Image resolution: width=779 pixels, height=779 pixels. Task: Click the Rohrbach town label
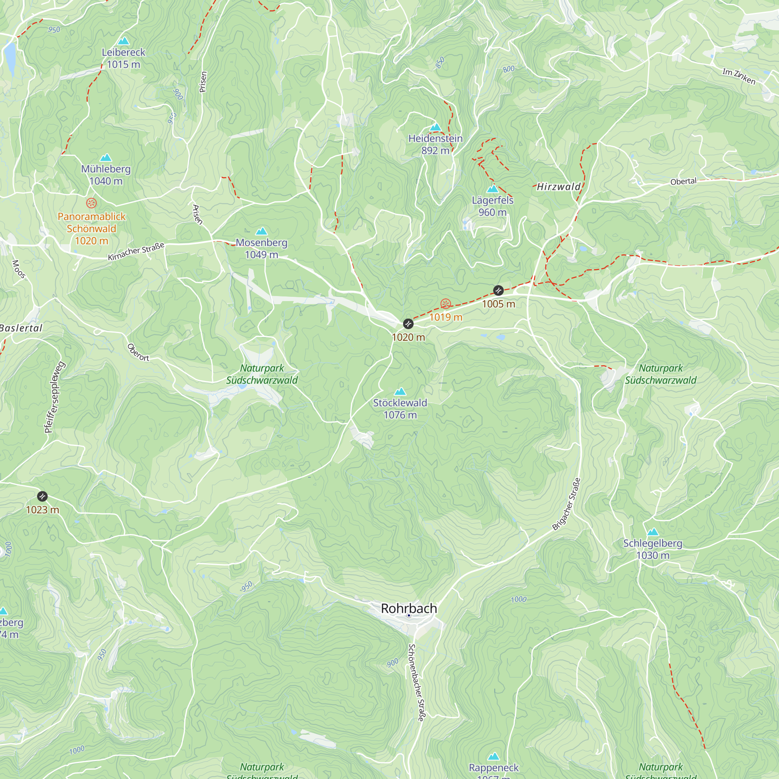click(409, 608)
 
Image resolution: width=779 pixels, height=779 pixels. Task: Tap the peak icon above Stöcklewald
click(400, 391)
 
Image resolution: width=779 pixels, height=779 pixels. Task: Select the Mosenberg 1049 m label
click(262, 249)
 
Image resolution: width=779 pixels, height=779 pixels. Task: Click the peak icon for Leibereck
click(123, 41)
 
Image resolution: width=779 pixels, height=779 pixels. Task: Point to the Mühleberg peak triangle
click(106, 157)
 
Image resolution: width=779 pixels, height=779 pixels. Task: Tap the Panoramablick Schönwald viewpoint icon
click(92, 203)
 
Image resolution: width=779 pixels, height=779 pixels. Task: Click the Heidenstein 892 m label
click(435, 145)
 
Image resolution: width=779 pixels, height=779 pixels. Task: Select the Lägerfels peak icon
click(492, 189)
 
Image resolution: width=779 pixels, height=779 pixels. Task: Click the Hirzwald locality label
click(559, 187)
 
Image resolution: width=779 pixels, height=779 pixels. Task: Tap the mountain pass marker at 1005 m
click(499, 290)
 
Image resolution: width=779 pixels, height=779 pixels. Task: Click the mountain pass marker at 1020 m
click(409, 324)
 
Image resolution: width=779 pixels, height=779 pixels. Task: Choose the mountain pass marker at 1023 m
click(42, 496)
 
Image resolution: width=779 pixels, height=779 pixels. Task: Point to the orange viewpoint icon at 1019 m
click(446, 304)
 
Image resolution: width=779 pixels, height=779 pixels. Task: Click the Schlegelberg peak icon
click(653, 532)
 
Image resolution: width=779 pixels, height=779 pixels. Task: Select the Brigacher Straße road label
click(566, 504)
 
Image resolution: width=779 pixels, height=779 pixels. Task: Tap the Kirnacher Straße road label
click(136, 251)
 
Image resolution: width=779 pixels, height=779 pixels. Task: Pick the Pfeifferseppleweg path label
click(55, 398)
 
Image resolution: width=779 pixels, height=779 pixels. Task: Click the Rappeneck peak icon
click(493, 756)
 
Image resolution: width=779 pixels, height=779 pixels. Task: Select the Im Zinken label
click(738, 76)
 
